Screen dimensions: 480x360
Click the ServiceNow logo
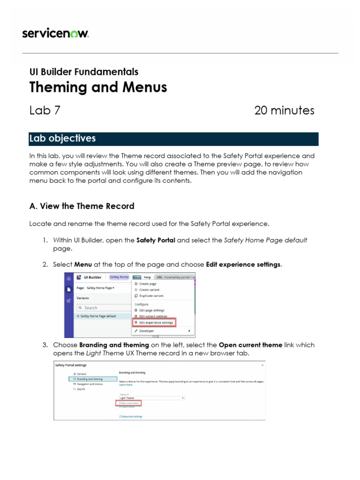55,33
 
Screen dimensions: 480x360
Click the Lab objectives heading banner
173,139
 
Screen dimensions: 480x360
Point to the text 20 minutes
284,111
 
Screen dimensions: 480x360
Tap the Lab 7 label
45,111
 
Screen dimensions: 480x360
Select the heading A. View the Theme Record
82,206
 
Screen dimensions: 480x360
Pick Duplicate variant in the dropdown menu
151,296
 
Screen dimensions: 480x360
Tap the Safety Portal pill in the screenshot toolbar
119,277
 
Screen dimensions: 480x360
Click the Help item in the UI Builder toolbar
147,277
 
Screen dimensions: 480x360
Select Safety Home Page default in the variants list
98,316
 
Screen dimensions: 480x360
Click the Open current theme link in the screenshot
129,403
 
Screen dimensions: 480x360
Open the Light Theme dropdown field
151,398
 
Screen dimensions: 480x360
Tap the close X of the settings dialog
262,365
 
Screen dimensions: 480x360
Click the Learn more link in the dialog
125,385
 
